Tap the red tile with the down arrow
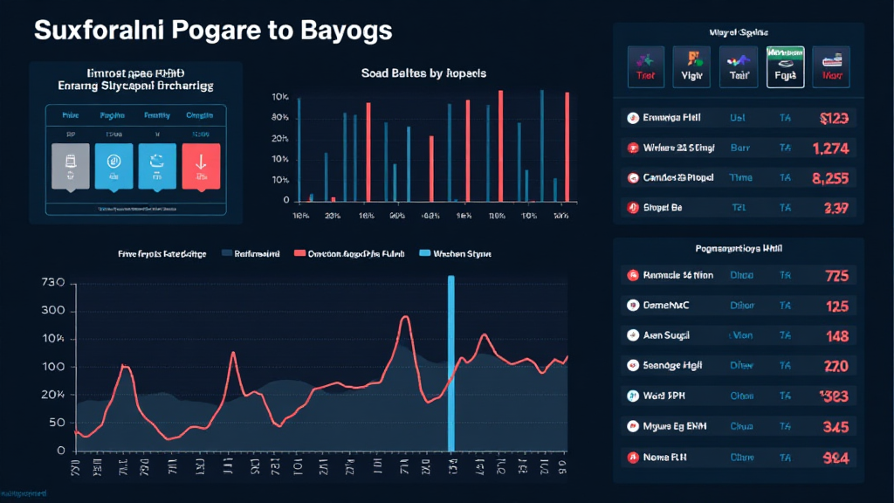click(202, 165)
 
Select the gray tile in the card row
click(69, 165)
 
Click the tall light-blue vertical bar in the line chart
click(451, 362)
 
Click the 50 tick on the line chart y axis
click(58, 424)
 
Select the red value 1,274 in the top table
click(830, 148)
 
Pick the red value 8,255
click(830, 178)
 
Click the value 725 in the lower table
click(836, 276)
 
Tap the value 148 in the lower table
click(836, 336)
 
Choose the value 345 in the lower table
click(836, 427)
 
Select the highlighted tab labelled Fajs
click(785, 68)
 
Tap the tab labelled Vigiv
click(691, 68)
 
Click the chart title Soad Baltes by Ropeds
click(423, 73)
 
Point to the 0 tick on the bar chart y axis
click(285, 200)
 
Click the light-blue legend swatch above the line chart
click(426, 253)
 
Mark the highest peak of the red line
click(405, 318)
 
